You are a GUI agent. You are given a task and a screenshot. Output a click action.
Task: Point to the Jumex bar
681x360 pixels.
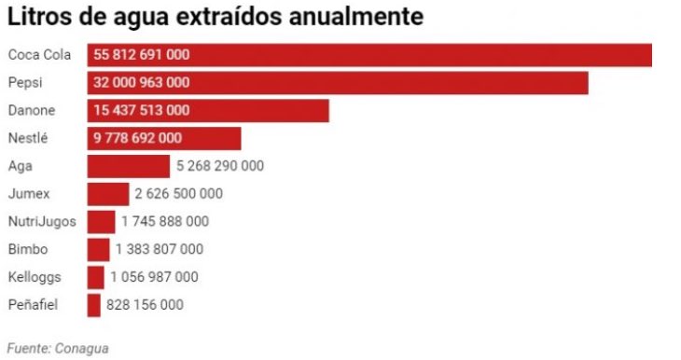point(107,194)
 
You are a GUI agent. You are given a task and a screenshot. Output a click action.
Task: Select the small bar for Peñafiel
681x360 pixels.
point(93,305)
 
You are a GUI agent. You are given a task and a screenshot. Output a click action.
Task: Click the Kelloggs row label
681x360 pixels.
point(37,277)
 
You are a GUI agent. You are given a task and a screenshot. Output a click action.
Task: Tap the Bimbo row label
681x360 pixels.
point(28,249)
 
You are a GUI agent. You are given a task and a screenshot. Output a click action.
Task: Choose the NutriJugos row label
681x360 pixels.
point(41,222)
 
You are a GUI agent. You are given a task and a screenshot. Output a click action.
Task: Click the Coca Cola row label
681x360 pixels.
point(39,55)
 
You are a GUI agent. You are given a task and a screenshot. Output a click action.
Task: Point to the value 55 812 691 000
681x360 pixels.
point(142,55)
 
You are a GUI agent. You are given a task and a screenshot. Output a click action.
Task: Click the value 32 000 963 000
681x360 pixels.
point(142,83)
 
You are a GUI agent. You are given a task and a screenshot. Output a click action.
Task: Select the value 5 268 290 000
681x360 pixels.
point(220,166)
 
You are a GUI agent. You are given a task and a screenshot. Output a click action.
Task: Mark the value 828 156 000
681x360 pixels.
point(145,305)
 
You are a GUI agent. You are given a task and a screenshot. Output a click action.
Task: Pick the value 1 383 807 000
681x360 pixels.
point(160,249)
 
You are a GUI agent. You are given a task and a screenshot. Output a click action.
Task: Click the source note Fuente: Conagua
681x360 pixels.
point(58,348)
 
